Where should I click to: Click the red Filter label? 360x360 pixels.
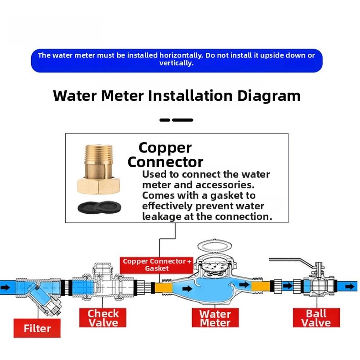click(37, 328)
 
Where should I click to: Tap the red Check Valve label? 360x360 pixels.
click(102, 318)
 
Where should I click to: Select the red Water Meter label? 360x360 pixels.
click(215, 318)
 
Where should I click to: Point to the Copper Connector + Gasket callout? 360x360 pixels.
click(158, 265)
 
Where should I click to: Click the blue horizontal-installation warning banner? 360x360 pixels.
click(176, 60)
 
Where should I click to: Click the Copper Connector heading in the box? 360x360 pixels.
click(165, 155)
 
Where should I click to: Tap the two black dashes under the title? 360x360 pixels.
click(176, 120)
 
